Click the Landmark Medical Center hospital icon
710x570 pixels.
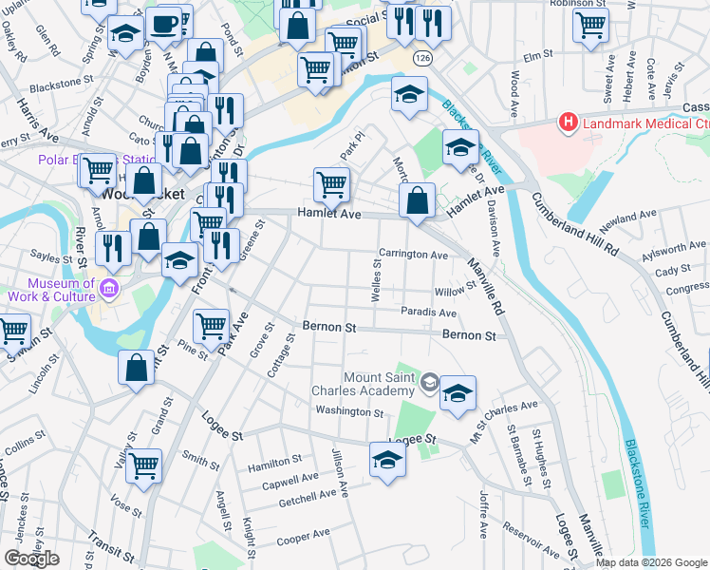click(x=568, y=122)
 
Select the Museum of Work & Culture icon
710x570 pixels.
click(x=109, y=288)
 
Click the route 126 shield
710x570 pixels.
click(x=419, y=60)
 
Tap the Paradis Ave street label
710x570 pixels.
click(x=428, y=313)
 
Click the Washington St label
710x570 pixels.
click(x=349, y=413)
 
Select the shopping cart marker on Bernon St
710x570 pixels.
click(x=211, y=325)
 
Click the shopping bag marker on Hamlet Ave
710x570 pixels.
click(x=417, y=199)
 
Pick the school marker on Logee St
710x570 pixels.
click(x=386, y=460)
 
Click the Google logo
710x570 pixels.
click(x=31, y=559)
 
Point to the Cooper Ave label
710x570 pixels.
click(x=303, y=539)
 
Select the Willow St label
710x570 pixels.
click(x=454, y=291)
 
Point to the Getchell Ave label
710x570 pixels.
click(x=308, y=495)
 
